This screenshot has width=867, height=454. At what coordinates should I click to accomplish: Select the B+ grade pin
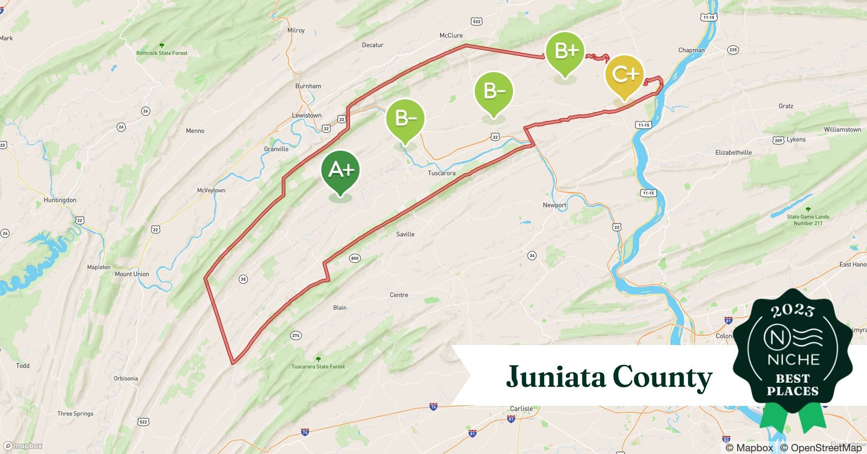pyautogui.click(x=565, y=51)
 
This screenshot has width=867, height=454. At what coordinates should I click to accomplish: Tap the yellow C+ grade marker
pyautogui.click(x=625, y=74)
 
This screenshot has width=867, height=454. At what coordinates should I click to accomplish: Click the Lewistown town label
pyautogui.click(x=306, y=115)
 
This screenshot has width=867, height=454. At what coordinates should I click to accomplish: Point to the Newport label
pyautogui.click(x=554, y=205)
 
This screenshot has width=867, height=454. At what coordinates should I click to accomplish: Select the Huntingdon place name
pyautogui.click(x=60, y=200)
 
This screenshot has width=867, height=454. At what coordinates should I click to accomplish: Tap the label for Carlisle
pyautogui.click(x=521, y=409)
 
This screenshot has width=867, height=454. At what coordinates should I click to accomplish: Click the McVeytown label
pyautogui.click(x=211, y=190)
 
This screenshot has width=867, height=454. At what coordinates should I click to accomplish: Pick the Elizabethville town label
pyautogui.click(x=733, y=153)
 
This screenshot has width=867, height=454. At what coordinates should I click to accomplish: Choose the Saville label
pyautogui.click(x=405, y=234)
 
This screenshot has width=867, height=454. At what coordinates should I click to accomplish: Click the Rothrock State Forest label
pyautogui.click(x=162, y=53)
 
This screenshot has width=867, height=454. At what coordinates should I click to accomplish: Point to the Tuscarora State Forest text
pyautogui.click(x=318, y=366)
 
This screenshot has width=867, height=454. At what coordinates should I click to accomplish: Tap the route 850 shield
pyautogui.click(x=355, y=258)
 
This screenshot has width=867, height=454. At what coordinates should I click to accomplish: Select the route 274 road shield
pyautogui.click(x=296, y=336)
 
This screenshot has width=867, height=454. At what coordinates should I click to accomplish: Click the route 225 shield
pyautogui.click(x=733, y=50)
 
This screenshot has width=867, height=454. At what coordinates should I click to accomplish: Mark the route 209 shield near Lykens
pyautogui.click(x=778, y=140)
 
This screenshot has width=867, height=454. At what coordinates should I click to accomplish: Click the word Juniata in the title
pyautogui.click(x=556, y=377)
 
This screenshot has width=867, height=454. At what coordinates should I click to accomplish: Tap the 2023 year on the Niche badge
pyautogui.click(x=793, y=310)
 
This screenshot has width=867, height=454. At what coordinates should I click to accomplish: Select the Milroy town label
pyautogui.click(x=296, y=30)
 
